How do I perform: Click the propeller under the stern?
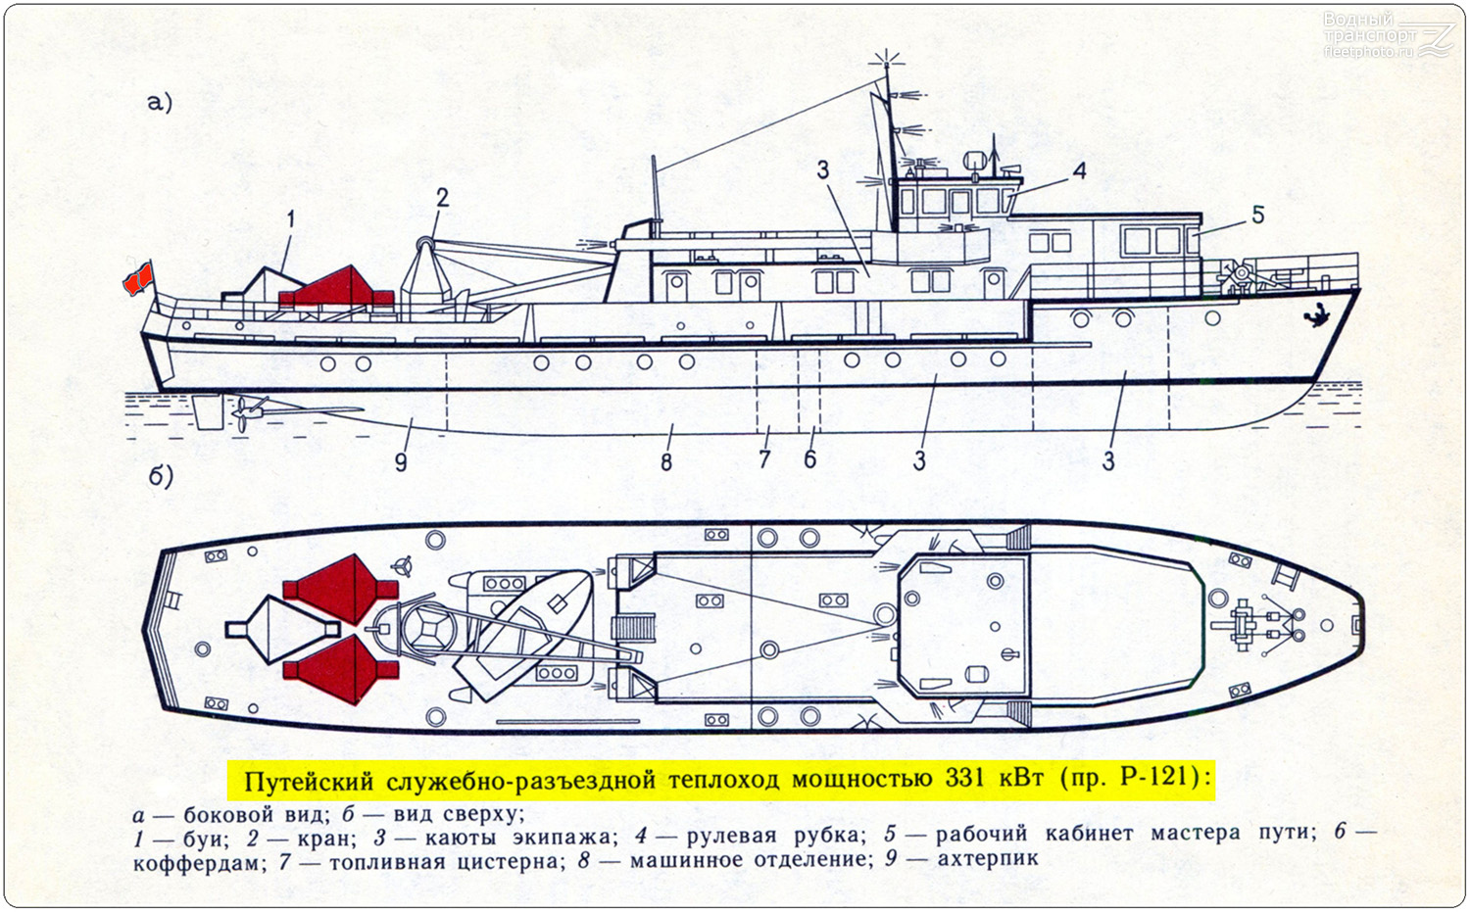click(244, 412)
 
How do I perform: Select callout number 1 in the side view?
click(291, 219)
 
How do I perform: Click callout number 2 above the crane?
click(442, 198)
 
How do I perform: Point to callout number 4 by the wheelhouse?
click(1080, 170)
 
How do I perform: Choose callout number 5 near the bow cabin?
click(1257, 215)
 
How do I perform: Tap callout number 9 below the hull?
click(401, 462)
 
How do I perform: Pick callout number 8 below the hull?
click(666, 462)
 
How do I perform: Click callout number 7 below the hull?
click(763, 458)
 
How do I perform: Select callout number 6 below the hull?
click(809, 458)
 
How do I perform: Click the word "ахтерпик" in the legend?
click(988, 859)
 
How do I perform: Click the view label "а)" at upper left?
click(160, 103)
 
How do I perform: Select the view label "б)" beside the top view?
click(161, 477)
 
